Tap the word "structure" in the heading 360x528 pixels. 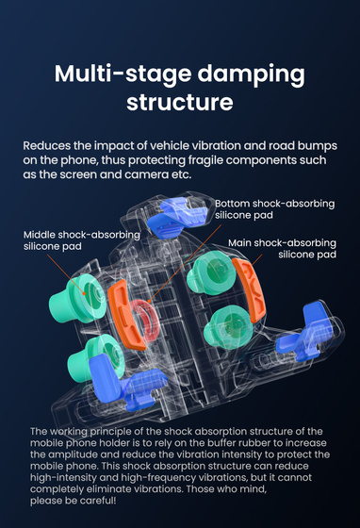pos(180,102)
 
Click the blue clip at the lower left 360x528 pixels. pos(122,381)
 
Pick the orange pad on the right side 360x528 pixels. pos(250,290)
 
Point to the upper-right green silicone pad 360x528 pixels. pos(210,272)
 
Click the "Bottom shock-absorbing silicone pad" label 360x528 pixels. pos(274,209)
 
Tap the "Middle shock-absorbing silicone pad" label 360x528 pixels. pos(82,240)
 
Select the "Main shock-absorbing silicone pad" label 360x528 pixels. pos(282,249)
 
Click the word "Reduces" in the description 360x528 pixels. pos(47,146)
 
